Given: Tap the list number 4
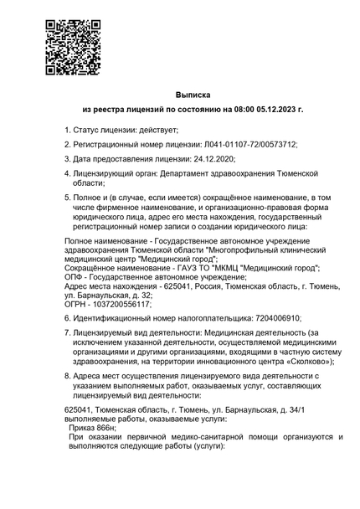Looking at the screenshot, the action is [68, 172].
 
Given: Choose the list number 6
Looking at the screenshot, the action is [68, 318].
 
